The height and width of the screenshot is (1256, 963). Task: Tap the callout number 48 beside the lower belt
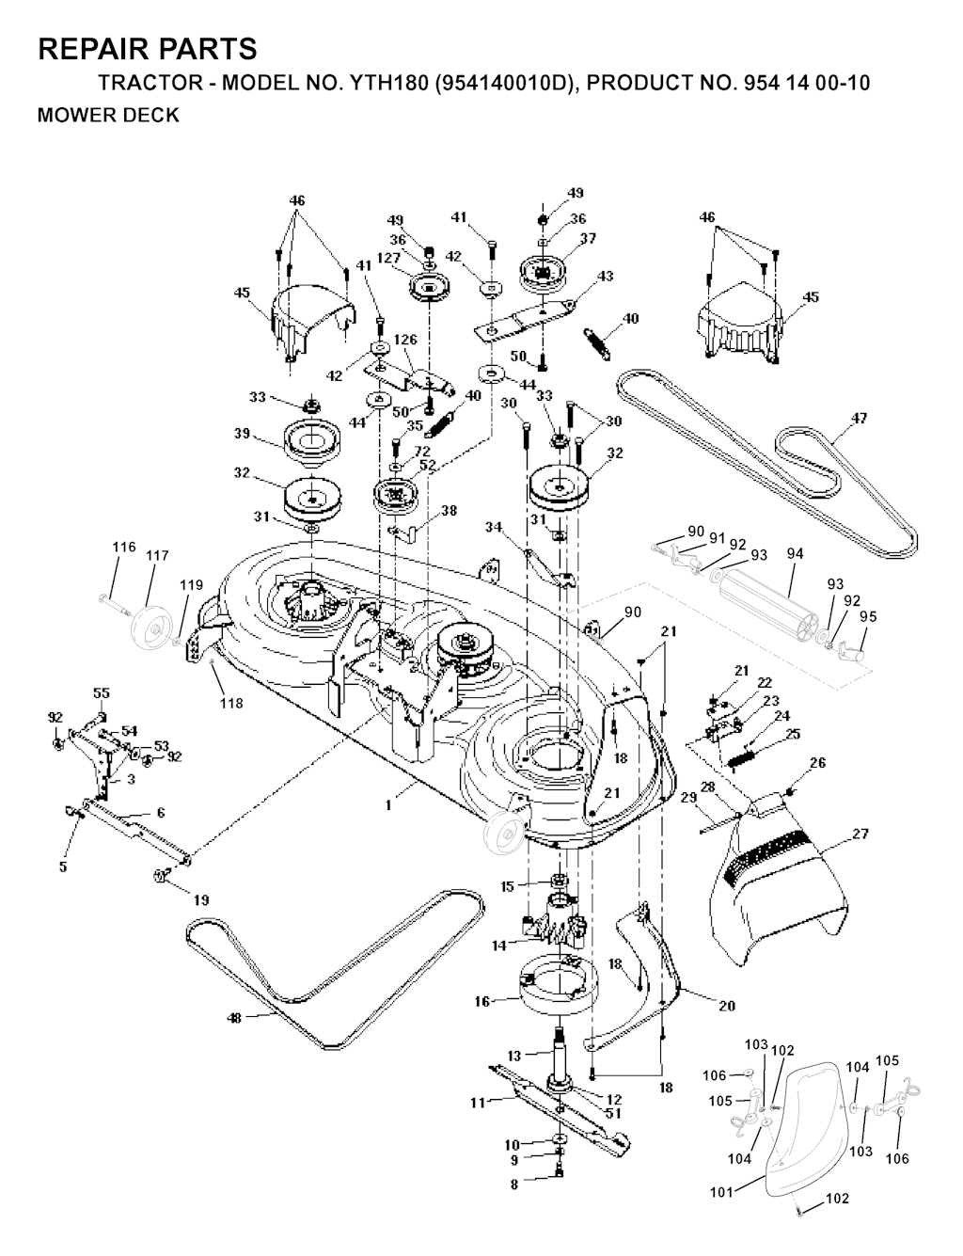click(235, 1018)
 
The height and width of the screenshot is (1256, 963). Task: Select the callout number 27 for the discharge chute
click(860, 834)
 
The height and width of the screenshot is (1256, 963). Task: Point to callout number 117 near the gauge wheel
click(157, 556)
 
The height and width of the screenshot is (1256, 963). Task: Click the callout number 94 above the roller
click(795, 554)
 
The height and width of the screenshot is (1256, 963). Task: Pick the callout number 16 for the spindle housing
click(482, 1002)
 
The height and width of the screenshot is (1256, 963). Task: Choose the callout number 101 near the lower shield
click(721, 1193)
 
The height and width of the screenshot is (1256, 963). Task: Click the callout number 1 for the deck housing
click(388, 806)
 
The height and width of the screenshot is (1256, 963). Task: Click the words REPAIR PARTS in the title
click(148, 49)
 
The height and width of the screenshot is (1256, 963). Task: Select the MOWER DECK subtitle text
click(107, 116)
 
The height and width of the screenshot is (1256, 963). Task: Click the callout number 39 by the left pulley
click(242, 434)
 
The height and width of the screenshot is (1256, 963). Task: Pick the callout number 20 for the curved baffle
click(726, 1006)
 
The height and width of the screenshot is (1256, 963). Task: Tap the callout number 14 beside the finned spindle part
click(498, 944)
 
